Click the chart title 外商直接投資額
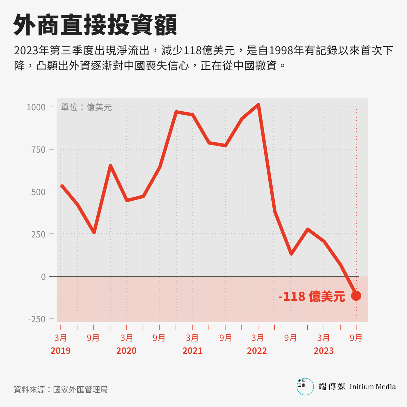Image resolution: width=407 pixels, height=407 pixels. click(95, 25)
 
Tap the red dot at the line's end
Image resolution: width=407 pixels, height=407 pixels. click(356, 296)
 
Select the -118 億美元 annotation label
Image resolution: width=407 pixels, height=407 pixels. click(311, 296)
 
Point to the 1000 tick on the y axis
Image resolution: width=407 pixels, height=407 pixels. click(36, 107)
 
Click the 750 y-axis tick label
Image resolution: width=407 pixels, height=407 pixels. click(38, 150)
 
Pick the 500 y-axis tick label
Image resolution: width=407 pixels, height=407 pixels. click(38, 192)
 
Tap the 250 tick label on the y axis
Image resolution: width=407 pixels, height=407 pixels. click(38, 234)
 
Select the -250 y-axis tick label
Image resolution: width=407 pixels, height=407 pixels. click(37, 319)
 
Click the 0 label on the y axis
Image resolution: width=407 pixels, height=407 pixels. click(43, 277)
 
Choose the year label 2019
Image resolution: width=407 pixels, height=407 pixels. click(60, 351)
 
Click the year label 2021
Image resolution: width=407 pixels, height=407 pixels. click(192, 351)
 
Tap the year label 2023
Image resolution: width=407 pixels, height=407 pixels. click(324, 351)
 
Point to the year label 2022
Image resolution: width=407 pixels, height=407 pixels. click(257, 351)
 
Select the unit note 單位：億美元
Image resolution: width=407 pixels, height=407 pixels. click(86, 107)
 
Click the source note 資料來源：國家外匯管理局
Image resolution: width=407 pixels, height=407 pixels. click(61, 389)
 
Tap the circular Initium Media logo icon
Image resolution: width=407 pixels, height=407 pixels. click(305, 387)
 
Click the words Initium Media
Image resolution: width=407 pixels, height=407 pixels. click(372, 387)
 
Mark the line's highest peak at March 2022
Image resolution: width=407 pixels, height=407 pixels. click(258, 105)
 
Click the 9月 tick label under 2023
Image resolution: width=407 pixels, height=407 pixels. click(356, 338)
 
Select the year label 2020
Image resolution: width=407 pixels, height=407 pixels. click(126, 351)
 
